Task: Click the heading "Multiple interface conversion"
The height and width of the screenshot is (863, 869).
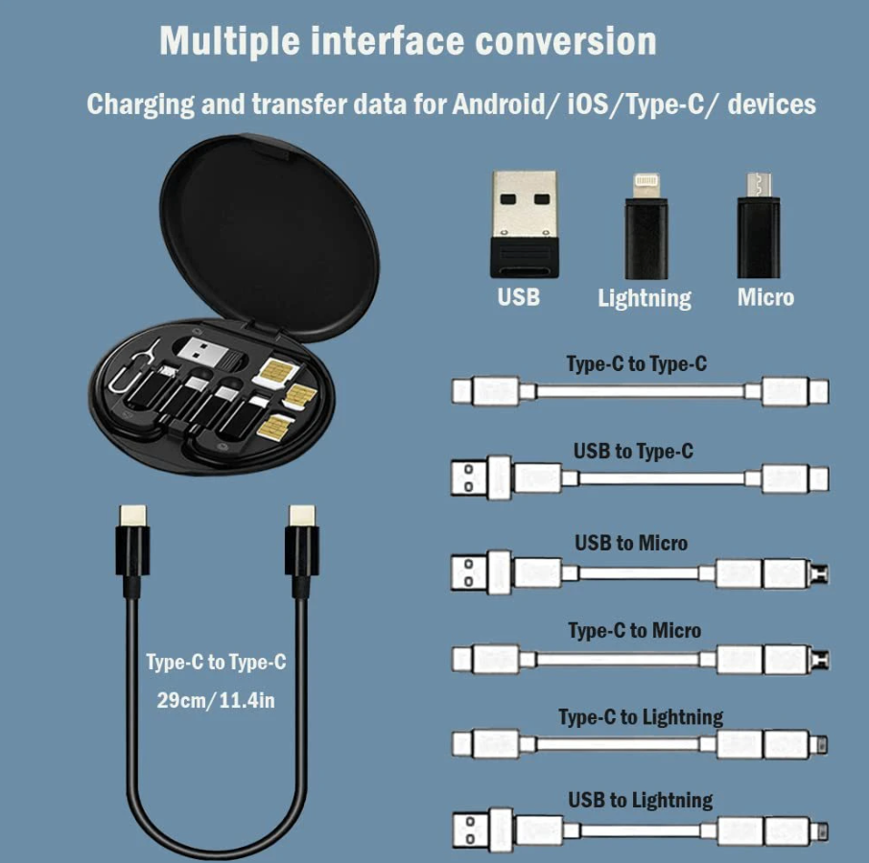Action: coord(408,41)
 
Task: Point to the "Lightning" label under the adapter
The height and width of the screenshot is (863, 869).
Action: coord(644,298)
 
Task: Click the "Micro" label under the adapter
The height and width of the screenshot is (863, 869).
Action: coord(765,297)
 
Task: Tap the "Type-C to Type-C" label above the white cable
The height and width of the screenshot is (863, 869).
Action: coord(637,364)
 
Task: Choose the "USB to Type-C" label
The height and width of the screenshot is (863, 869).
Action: coord(633,451)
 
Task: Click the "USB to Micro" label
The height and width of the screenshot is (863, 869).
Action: coord(631,543)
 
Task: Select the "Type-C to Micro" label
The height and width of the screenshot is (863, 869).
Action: coord(634,631)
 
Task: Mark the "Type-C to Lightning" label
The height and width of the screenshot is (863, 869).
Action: coord(641,717)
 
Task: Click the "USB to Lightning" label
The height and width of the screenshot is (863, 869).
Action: coord(640,801)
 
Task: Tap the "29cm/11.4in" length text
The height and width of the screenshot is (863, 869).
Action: coord(216,700)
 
